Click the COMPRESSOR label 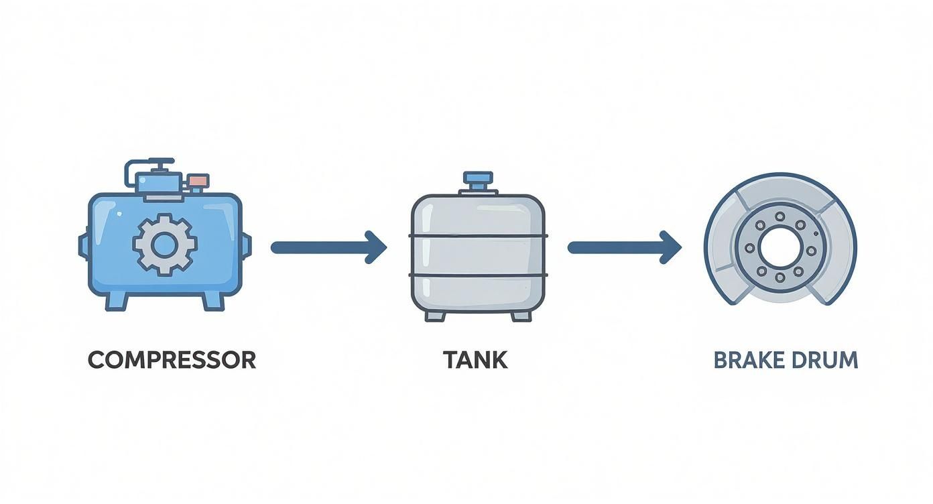[x=172, y=360]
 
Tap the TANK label [x=475, y=360]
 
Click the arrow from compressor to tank [x=328, y=247]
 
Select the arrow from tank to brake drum [x=624, y=247]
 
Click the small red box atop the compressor [x=198, y=180]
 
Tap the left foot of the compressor [x=116, y=300]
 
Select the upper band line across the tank [x=477, y=236]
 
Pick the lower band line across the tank [x=477, y=275]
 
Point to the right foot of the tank [x=520, y=315]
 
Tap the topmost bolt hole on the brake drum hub [x=780, y=216]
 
